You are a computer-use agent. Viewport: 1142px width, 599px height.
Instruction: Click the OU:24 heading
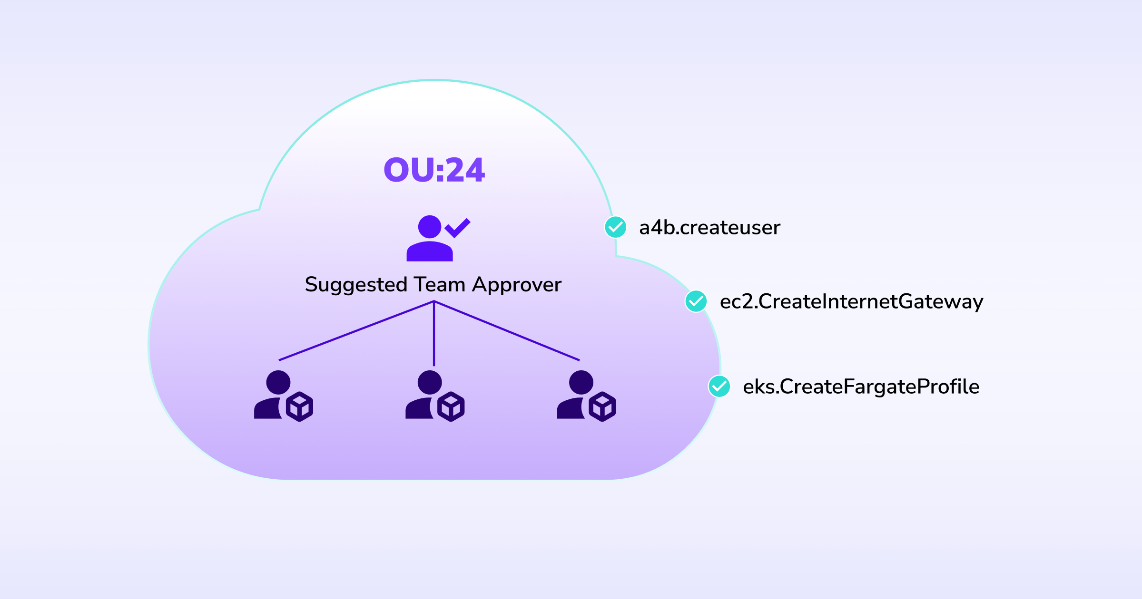pos(434,170)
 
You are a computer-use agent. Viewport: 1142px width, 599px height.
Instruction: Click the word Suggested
pos(356,285)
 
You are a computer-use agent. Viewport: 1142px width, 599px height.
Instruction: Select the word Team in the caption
pos(440,285)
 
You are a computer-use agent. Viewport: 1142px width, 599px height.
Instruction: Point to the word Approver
pos(517,285)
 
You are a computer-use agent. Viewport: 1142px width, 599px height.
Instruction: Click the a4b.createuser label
pos(709,228)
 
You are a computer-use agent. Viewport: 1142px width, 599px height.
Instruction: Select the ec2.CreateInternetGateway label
pos(851,302)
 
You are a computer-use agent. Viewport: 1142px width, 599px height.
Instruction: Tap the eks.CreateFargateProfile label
pos(861,387)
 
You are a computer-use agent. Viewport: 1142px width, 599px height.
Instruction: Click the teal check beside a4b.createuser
pos(615,227)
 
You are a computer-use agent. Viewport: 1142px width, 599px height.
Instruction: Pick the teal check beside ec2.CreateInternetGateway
pos(696,301)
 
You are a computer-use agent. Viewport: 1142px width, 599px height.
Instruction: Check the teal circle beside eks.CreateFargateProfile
pos(719,386)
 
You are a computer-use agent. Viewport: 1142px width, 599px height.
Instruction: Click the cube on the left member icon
pos(300,406)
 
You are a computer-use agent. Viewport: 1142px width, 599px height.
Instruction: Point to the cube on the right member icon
pos(602,406)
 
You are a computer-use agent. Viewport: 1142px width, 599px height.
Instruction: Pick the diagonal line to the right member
pos(507,331)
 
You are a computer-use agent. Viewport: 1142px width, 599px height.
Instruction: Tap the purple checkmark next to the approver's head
pos(457,228)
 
